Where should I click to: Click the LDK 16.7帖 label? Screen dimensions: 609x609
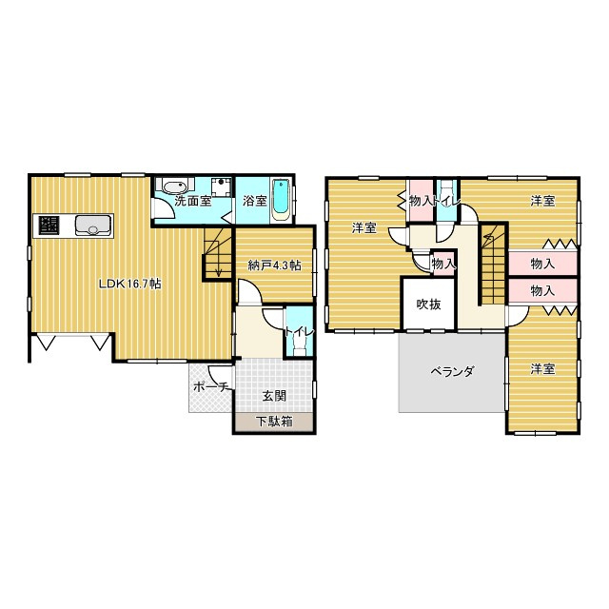(x=130, y=284)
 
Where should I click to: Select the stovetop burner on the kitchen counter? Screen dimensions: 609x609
(x=49, y=226)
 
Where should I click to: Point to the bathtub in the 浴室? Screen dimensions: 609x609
(x=280, y=200)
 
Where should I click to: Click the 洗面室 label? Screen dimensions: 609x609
(x=192, y=201)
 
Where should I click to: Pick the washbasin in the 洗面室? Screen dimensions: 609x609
(x=175, y=187)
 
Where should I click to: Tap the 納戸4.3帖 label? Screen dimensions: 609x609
(x=275, y=265)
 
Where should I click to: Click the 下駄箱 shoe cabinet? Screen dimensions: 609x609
(x=274, y=422)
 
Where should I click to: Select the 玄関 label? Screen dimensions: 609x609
(x=274, y=396)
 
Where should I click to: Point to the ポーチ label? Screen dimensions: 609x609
(x=210, y=387)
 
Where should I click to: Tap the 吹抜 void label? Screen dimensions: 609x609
(x=428, y=304)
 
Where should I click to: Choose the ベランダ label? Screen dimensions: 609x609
(x=452, y=372)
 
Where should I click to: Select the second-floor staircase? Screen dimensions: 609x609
(x=493, y=265)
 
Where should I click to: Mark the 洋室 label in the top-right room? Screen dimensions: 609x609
(x=542, y=201)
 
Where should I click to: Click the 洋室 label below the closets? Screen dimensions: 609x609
(x=542, y=369)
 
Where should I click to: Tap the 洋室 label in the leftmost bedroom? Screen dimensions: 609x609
(x=363, y=228)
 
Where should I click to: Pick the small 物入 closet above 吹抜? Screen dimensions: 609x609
(x=443, y=265)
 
